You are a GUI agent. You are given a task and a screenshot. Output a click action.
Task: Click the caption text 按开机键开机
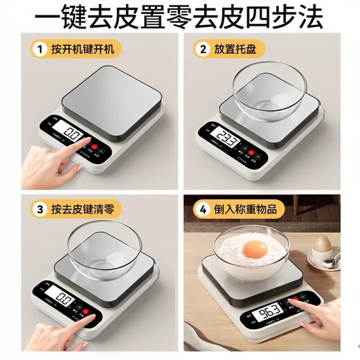(x=85, y=49)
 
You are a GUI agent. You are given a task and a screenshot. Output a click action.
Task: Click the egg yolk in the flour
(x=257, y=249)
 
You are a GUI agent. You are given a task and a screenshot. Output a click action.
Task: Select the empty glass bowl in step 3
(x=105, y=246)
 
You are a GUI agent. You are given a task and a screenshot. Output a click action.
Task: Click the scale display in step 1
(x=71, y=132)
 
